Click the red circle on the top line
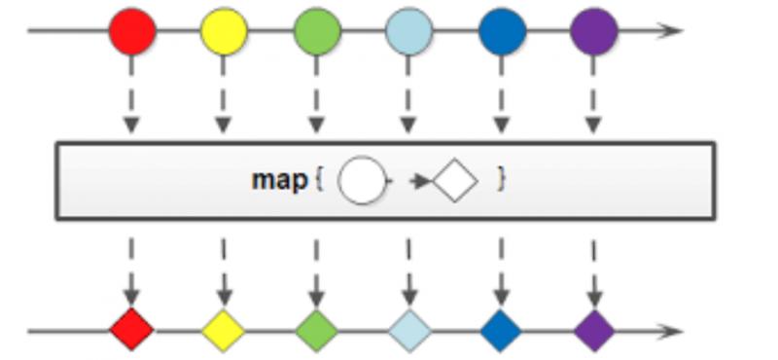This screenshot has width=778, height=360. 132,31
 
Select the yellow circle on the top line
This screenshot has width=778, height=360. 224,31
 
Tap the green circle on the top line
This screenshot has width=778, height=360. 317,31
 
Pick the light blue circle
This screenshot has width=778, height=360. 409,31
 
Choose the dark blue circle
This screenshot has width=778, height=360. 502,31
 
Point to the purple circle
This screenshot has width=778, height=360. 593,31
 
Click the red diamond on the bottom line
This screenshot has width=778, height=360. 132,330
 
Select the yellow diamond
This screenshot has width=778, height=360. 224,330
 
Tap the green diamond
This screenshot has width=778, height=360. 317,330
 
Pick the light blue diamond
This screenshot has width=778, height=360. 409,330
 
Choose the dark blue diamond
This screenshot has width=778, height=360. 502,330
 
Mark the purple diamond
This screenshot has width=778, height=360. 593,330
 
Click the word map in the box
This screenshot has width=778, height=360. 279,181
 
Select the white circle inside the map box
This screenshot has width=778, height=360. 362,181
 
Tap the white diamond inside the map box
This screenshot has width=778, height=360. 455,181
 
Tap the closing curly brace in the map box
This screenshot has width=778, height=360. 501,180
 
